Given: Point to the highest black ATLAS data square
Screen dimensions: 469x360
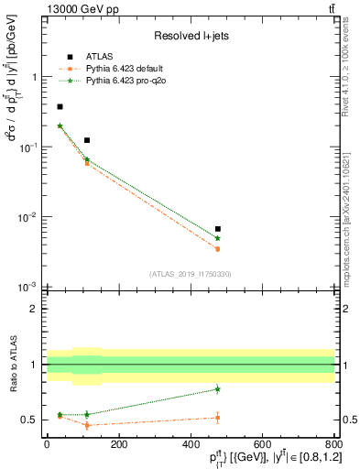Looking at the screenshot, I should [60, 107].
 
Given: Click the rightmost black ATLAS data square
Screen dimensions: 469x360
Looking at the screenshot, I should [217, 229].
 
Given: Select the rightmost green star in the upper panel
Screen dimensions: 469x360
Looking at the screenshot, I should [217, 238].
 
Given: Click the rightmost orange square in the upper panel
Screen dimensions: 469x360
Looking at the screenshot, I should [217, 248].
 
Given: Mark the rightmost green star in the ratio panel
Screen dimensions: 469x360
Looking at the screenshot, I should [217, 388].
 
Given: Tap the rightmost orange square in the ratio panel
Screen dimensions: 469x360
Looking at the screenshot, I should [217, 418].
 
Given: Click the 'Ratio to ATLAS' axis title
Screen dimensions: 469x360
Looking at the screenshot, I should [14, 365].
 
